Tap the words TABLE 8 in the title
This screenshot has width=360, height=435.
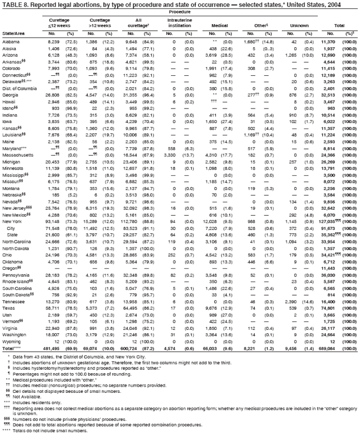[x=13, y=3]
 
